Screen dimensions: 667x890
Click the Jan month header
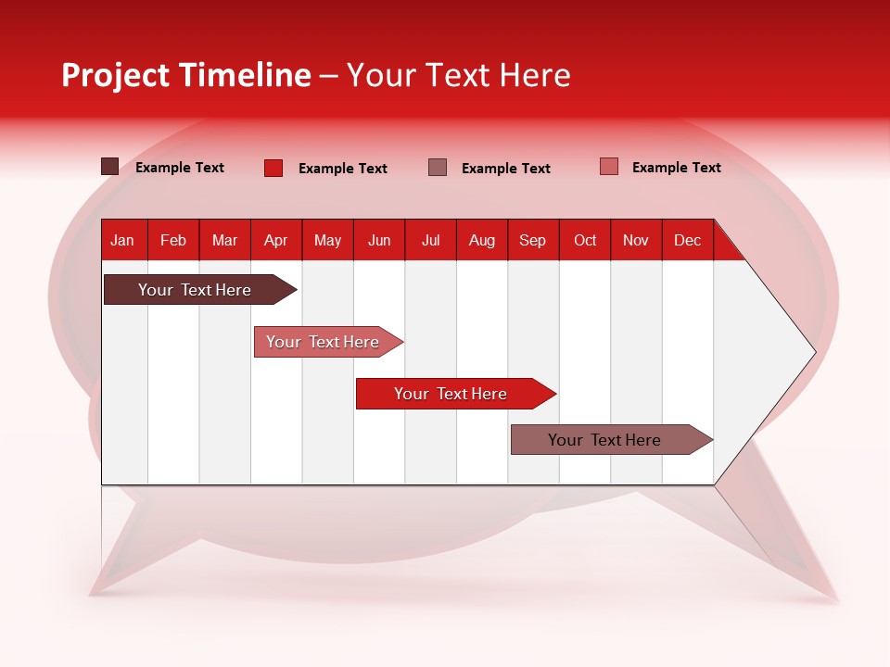coord(123,240)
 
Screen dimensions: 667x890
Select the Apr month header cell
coord(276,240)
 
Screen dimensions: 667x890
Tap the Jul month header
coord(431,240)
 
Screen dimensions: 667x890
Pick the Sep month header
coord(533,240)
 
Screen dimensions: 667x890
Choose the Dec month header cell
coord(687,240)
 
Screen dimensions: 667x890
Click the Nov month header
coord(636,240)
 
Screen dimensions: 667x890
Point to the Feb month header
coord(173,240)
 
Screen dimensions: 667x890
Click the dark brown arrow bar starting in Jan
coord(195,290)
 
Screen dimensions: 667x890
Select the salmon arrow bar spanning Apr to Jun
coord(324,342)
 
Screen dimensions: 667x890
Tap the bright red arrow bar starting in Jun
coord(451,394)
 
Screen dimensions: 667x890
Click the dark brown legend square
coord(109,167)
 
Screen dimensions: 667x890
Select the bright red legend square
coord(273,168)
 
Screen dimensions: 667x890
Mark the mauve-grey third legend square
coord(438,167)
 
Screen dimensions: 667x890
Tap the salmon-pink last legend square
coord(609,167)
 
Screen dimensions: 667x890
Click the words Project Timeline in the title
coord(186,75)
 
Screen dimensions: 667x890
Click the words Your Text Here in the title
coord(459,75)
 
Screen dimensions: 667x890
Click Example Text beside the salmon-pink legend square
coord(676,168)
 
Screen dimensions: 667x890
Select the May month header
coord(327,240)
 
